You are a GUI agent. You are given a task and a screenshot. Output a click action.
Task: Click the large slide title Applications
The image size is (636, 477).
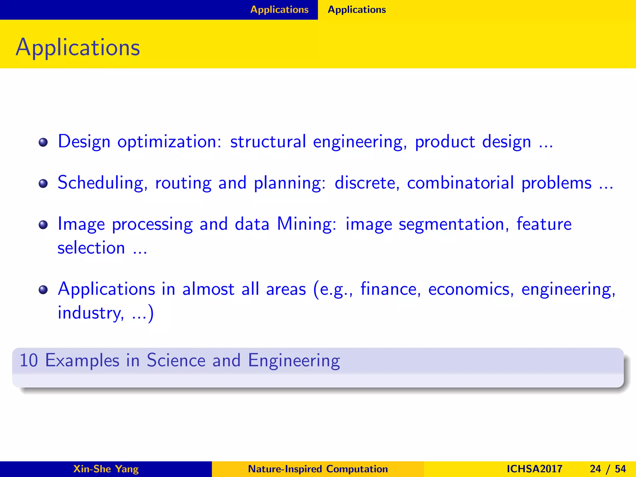pos(78,47)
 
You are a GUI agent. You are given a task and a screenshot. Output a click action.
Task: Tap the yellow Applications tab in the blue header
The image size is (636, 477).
pos(279,10)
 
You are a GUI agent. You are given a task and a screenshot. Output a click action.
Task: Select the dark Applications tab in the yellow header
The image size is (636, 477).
pos(357,10)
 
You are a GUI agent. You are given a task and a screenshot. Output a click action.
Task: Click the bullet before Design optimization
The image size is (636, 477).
pos(43,143)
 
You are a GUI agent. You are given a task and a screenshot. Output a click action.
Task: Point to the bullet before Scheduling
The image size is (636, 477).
pos(43,184)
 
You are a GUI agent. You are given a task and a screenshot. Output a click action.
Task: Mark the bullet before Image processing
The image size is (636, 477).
pos(43,225)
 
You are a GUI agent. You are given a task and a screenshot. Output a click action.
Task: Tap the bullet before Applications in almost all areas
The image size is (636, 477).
pos(43,290)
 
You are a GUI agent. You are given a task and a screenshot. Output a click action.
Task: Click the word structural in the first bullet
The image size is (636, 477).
pos(268,142)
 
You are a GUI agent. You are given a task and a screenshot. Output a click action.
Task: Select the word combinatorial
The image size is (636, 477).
pos(460,183)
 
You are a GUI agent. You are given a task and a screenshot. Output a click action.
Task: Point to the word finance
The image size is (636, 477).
pos(390,289)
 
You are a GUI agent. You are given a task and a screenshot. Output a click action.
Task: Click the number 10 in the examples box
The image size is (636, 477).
pos(29,360)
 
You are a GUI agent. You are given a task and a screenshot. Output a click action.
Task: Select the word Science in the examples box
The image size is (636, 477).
pos(176,360)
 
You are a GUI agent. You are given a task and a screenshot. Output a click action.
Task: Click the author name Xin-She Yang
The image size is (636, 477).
pos(106,469)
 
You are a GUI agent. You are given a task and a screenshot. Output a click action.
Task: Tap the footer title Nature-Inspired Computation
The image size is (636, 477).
pos(318,469)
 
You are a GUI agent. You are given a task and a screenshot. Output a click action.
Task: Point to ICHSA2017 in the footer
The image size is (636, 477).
pos(534,469)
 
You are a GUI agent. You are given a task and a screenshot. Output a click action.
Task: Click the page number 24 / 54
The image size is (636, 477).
pos(608,469)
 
